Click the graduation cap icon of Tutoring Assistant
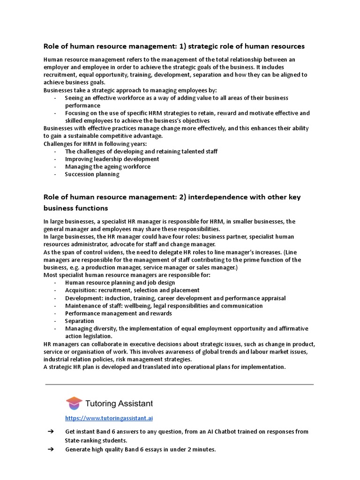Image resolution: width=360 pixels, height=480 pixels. (x=74, y=403)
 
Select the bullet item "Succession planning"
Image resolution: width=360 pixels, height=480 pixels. (x=92, y=174)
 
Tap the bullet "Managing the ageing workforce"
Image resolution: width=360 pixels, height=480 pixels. (x=108, y=166)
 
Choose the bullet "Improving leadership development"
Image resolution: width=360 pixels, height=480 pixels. (x=112, y=159)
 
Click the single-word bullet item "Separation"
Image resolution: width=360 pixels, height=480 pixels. (x=80, y=321)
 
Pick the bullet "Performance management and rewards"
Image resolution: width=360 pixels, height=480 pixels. (x=118, y=313)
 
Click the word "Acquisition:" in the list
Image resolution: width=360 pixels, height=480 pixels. (x=81, y=290)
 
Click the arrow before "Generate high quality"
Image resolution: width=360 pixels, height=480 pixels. (x=51, y=450)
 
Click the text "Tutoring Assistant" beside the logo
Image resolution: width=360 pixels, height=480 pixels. (x=119, y=404)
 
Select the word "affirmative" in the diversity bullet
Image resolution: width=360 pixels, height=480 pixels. (x=292, y=329)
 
